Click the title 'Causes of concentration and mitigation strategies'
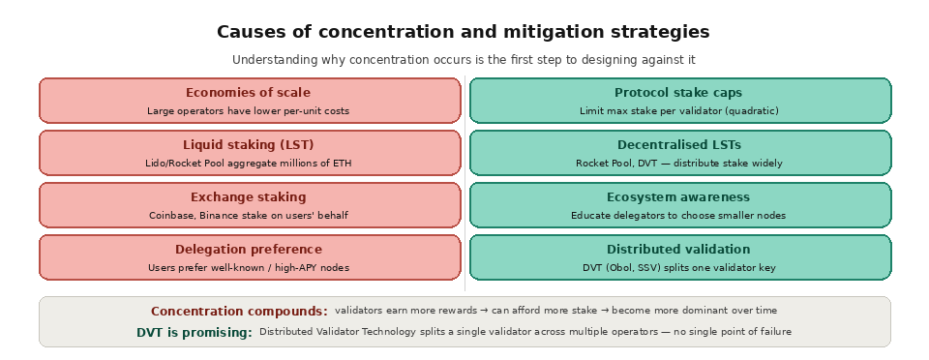pos(463,32)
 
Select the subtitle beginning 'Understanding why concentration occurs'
pos(463,60)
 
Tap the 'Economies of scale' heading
pos(248,93)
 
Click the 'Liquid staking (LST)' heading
pos(248,145)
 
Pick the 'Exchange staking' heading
pos(248,197)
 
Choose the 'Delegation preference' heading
pos(248,250)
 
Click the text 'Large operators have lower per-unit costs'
pos(248,111)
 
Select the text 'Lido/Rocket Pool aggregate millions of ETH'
pos(248,164)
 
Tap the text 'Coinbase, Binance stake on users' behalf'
pos(248,216)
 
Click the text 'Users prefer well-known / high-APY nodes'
pos(248,268)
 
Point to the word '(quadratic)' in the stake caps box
pos(751,111)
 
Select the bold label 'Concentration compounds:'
pos(239,312)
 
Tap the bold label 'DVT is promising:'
pos(194,333)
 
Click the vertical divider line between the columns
pos(464,184)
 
